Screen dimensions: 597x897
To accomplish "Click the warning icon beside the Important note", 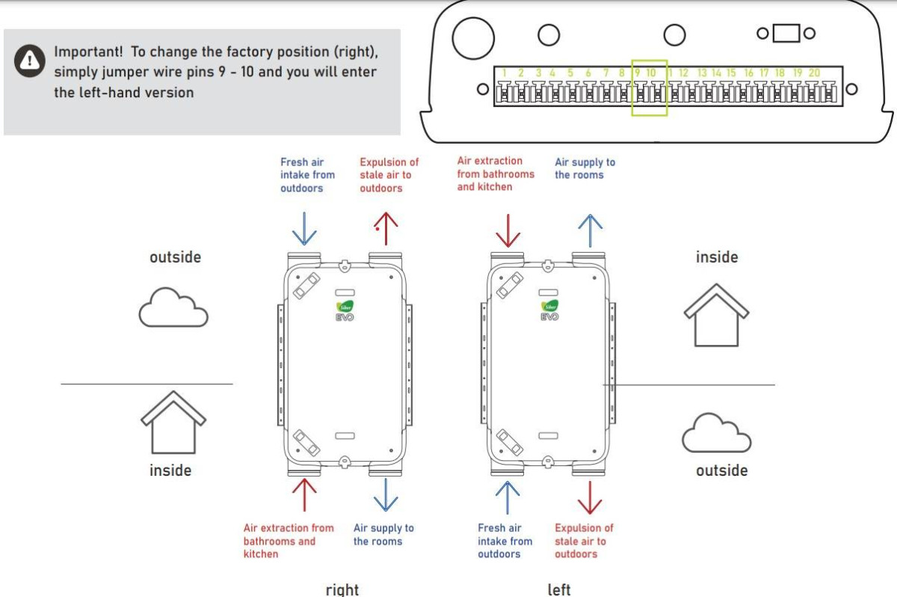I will coord(30,61).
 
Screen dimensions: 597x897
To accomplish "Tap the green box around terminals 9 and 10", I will coord(649,88).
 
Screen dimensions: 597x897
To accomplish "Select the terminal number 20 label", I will coord(813,73).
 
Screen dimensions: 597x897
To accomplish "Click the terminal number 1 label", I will coord(505,73).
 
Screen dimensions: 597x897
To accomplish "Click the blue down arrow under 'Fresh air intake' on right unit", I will coord(304,227).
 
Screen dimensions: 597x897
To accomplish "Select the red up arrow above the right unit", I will coord(386,227).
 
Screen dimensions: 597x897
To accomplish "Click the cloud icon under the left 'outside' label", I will coord(173,307).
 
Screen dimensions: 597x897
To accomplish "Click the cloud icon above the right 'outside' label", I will coord(717,432).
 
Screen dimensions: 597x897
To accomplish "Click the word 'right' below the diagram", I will coord(342,589).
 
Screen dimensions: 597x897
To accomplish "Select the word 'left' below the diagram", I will coord(559,589).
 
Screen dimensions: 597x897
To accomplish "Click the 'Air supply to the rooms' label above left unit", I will coord(585,168).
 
